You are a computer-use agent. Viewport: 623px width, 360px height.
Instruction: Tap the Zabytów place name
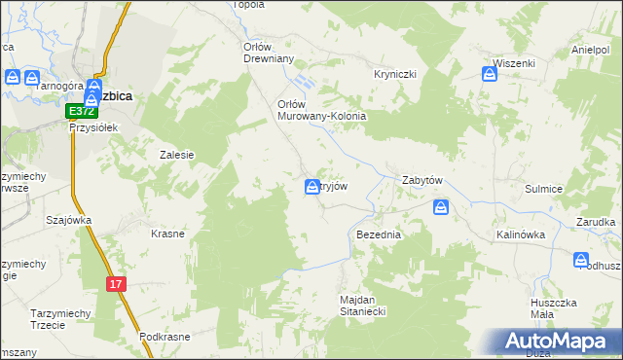(423, 181)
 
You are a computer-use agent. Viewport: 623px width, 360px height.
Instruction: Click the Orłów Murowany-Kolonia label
(321, 110)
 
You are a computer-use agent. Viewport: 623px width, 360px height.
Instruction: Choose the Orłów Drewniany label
(268, 52)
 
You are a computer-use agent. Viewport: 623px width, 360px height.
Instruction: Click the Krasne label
(168, 234)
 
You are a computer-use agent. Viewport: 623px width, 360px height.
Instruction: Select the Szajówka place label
(68, 220)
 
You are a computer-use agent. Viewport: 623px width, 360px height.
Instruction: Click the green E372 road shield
(82, 111)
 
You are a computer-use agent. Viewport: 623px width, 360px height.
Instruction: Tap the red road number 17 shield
(117, 283)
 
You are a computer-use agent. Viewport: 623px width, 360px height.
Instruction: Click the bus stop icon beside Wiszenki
(490, 71)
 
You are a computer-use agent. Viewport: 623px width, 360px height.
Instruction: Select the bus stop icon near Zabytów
(442, 207)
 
